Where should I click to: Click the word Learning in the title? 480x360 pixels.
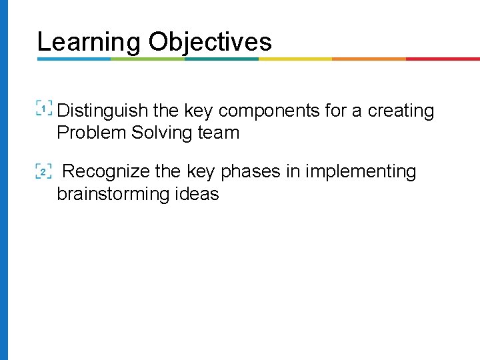tap(89, 41)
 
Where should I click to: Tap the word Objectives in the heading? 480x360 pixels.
tap(210, 41)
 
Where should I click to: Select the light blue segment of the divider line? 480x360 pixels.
tap(73, 59)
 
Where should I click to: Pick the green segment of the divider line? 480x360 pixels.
tap(147, 59)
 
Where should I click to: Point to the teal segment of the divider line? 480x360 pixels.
tap(221, 59)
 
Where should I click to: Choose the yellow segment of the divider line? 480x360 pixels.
tap(295, 59)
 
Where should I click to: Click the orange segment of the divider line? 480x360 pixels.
tap(369, 59)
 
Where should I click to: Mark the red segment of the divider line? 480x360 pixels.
tap(443, 59)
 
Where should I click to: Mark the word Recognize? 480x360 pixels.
tap(106, 172)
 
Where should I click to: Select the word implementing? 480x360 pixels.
tap(361, 172)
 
